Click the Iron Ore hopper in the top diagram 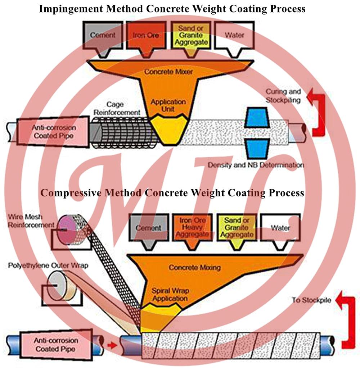(x=145, y=36)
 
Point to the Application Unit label (x=168, y=105)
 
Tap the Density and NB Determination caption (x=256, y=165)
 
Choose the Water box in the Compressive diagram (x=280, y=227)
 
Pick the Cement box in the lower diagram (x=148, y=227)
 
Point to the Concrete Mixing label (x=195, y=267)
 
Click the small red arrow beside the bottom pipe (x=112, y=345)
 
